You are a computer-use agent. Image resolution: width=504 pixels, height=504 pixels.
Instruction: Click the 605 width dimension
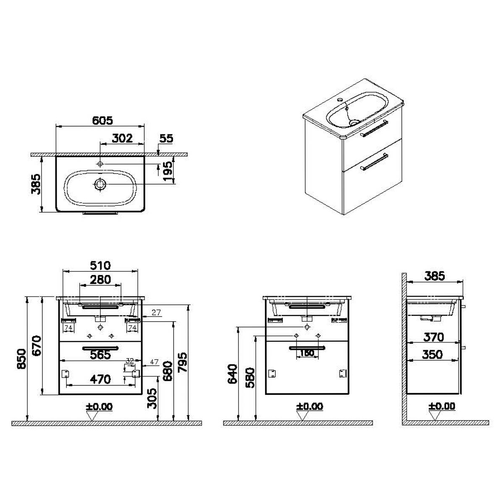tap(102, 121)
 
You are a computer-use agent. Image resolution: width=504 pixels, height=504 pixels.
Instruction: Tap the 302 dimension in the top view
tap(122, 138)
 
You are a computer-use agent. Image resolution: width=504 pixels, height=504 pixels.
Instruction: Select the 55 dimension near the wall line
tap(166, 139)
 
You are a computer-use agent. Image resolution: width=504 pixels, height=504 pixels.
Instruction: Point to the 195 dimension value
tap(168, 171)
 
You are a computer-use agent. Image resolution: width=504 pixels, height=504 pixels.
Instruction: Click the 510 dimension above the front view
tap(100, 266)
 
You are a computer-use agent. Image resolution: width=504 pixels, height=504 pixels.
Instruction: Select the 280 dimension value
tap(100, 280)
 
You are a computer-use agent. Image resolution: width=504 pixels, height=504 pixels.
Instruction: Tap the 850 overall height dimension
tap(21, 359)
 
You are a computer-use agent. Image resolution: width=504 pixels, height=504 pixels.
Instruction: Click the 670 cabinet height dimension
tap(37, 346)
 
